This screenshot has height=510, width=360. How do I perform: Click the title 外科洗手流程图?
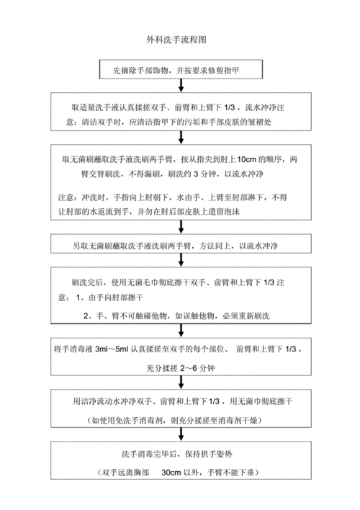[x=176, y=36]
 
